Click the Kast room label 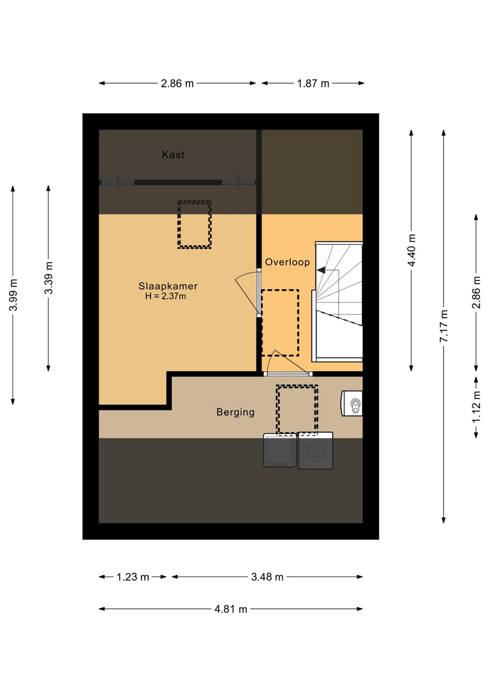173,154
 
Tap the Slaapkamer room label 168,286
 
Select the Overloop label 287,262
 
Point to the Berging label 235,412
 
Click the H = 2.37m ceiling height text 166,296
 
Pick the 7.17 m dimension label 444,326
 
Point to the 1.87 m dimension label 313,84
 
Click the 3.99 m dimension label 13,295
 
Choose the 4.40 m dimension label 412,250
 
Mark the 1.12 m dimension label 477,407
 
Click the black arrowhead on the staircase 321,270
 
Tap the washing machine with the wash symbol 316,451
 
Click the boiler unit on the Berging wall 352,404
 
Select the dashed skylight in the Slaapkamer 195,224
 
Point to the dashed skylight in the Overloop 281,323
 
